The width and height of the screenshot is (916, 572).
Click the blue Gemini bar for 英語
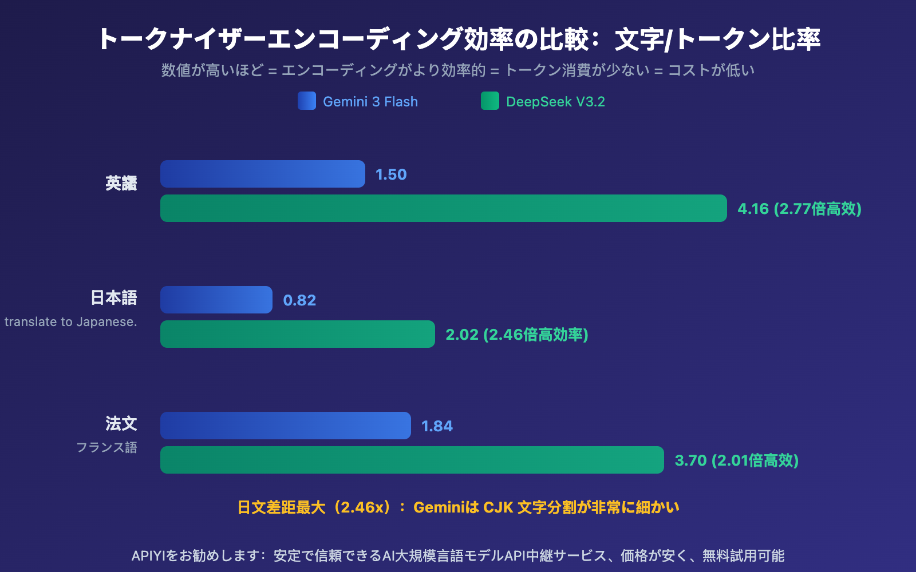click(x=262, y=174)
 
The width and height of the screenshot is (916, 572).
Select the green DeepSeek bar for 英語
click(x=443, y=208)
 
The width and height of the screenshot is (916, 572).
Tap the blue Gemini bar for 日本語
click(x=216, y=300)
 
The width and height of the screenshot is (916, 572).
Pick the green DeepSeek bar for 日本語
click(x=297, y=334)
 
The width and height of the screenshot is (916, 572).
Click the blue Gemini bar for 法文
click(x=285, y=426)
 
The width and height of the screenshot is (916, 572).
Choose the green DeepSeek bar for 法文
click(x=412, y=460)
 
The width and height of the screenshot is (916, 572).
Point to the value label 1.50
click(x=391, y=174)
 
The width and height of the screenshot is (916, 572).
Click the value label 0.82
click(x=299, y=300)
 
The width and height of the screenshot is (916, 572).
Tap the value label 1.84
click(x=437, y=426)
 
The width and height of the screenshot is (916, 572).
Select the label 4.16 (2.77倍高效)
click(x=799, y=209)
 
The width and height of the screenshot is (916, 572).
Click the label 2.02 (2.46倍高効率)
click(x=516, y=335)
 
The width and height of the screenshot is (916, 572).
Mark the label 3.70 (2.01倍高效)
click(x=736, y=460)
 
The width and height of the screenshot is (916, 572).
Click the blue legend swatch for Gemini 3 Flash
click(x=307, y=101)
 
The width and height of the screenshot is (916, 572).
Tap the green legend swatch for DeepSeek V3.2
click(x=490, y=101)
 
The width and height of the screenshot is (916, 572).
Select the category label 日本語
click(x=114, y=297)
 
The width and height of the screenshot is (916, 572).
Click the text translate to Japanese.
click(x=70, y=322)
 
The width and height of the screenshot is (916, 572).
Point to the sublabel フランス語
click(x=106, y=447)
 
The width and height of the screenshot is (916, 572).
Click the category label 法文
click(x=121, y=423)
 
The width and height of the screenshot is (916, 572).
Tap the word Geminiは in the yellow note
click(x=445, y=507)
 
